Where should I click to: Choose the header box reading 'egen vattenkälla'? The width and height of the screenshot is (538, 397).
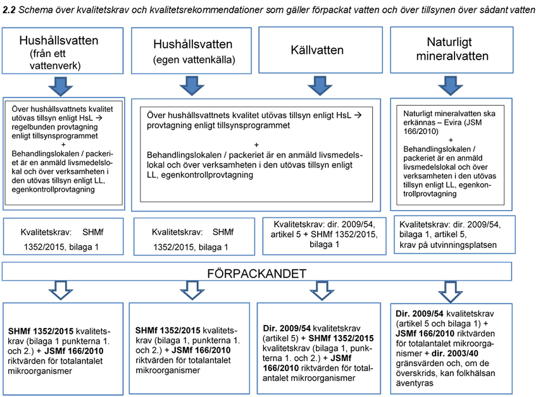click(x=192, y=51)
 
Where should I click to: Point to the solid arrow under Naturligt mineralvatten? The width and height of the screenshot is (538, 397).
click(x=454, y=85)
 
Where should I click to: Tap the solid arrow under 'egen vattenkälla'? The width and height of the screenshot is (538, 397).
click(x=191, y=85)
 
